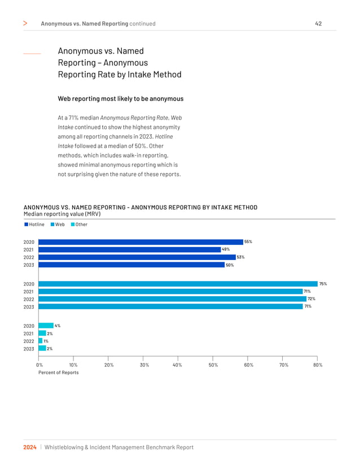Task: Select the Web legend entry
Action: click(59, 225)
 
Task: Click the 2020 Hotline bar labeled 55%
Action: click(140, 242)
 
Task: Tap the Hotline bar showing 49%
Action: click(129, 249)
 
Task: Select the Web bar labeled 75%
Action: click(178, 284)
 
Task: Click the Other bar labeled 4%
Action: click(45, 326)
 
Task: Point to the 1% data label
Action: click(46, 341)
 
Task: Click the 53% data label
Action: click(240, 257)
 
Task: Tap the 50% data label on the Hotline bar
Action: click(230, 265)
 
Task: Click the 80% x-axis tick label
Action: click(317, 365)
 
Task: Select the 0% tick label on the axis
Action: click(38, 365)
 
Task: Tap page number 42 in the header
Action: click(318, 24)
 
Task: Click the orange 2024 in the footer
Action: click(30, 447)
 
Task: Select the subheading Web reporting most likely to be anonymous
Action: click(120, 99)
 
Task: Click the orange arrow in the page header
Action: click(25, 24)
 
